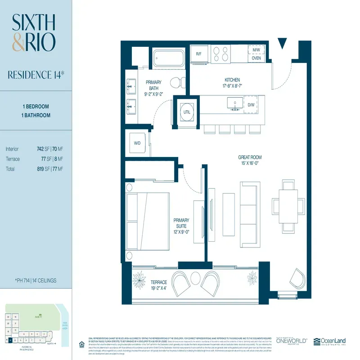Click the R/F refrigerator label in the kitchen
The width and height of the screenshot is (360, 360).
tap(198, 54)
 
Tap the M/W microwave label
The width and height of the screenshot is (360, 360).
tap(256, 50)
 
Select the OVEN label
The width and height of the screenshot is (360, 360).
tap(256, 58)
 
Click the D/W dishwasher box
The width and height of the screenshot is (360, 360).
tap(251, 105)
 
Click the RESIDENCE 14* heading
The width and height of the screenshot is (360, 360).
tap(36, 74)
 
